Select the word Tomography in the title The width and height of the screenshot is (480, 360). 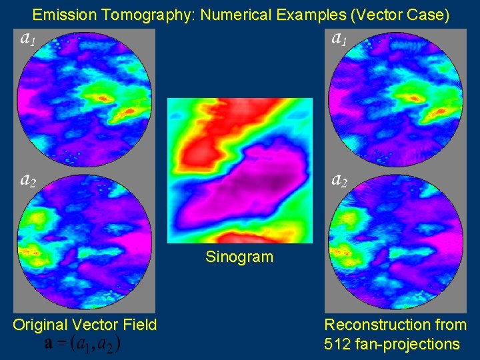pos(141,14)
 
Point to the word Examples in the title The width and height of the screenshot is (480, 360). pos(302,14)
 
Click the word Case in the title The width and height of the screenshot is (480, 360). pos(427,14)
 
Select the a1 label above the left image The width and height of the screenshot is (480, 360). pos(28,39)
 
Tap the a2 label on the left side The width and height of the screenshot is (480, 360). pos(28,180)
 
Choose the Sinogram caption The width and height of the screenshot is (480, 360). pos(239,257)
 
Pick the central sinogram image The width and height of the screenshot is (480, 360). pos(239,171)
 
